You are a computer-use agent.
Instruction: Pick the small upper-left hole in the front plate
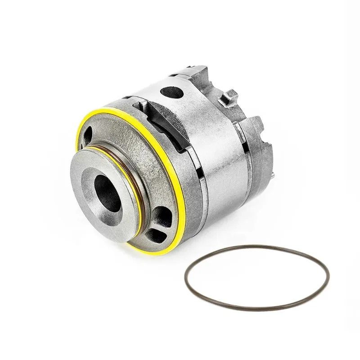point(89,134)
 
